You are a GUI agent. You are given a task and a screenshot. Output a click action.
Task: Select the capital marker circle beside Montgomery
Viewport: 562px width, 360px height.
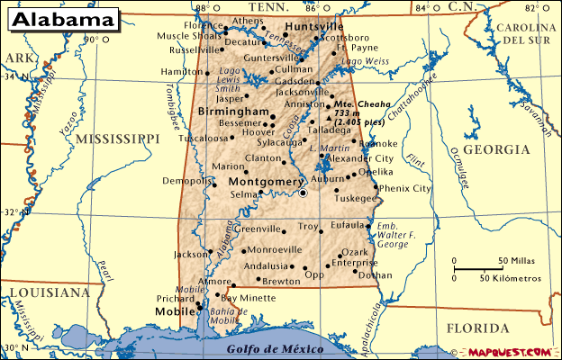[x=304, y=193]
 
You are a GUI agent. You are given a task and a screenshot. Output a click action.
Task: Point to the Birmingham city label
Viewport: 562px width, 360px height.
[x=233, y=111]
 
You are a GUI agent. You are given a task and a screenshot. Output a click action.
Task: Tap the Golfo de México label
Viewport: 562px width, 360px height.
[x=262, y=348]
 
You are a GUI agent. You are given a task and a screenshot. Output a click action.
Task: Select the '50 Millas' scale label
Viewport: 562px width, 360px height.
[x=515, y=262]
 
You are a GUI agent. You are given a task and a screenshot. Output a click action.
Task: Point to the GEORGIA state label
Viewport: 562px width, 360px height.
[x=497, y=149]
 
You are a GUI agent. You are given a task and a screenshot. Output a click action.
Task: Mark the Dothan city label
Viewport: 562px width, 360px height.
[x=375, y=274]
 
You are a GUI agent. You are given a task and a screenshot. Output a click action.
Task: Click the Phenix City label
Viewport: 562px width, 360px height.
[x=405, y=188]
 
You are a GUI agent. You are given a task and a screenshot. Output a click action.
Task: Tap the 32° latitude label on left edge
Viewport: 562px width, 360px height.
[x=9, y=212]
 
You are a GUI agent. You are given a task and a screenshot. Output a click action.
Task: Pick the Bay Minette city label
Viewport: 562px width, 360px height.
[x=249, y=297]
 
